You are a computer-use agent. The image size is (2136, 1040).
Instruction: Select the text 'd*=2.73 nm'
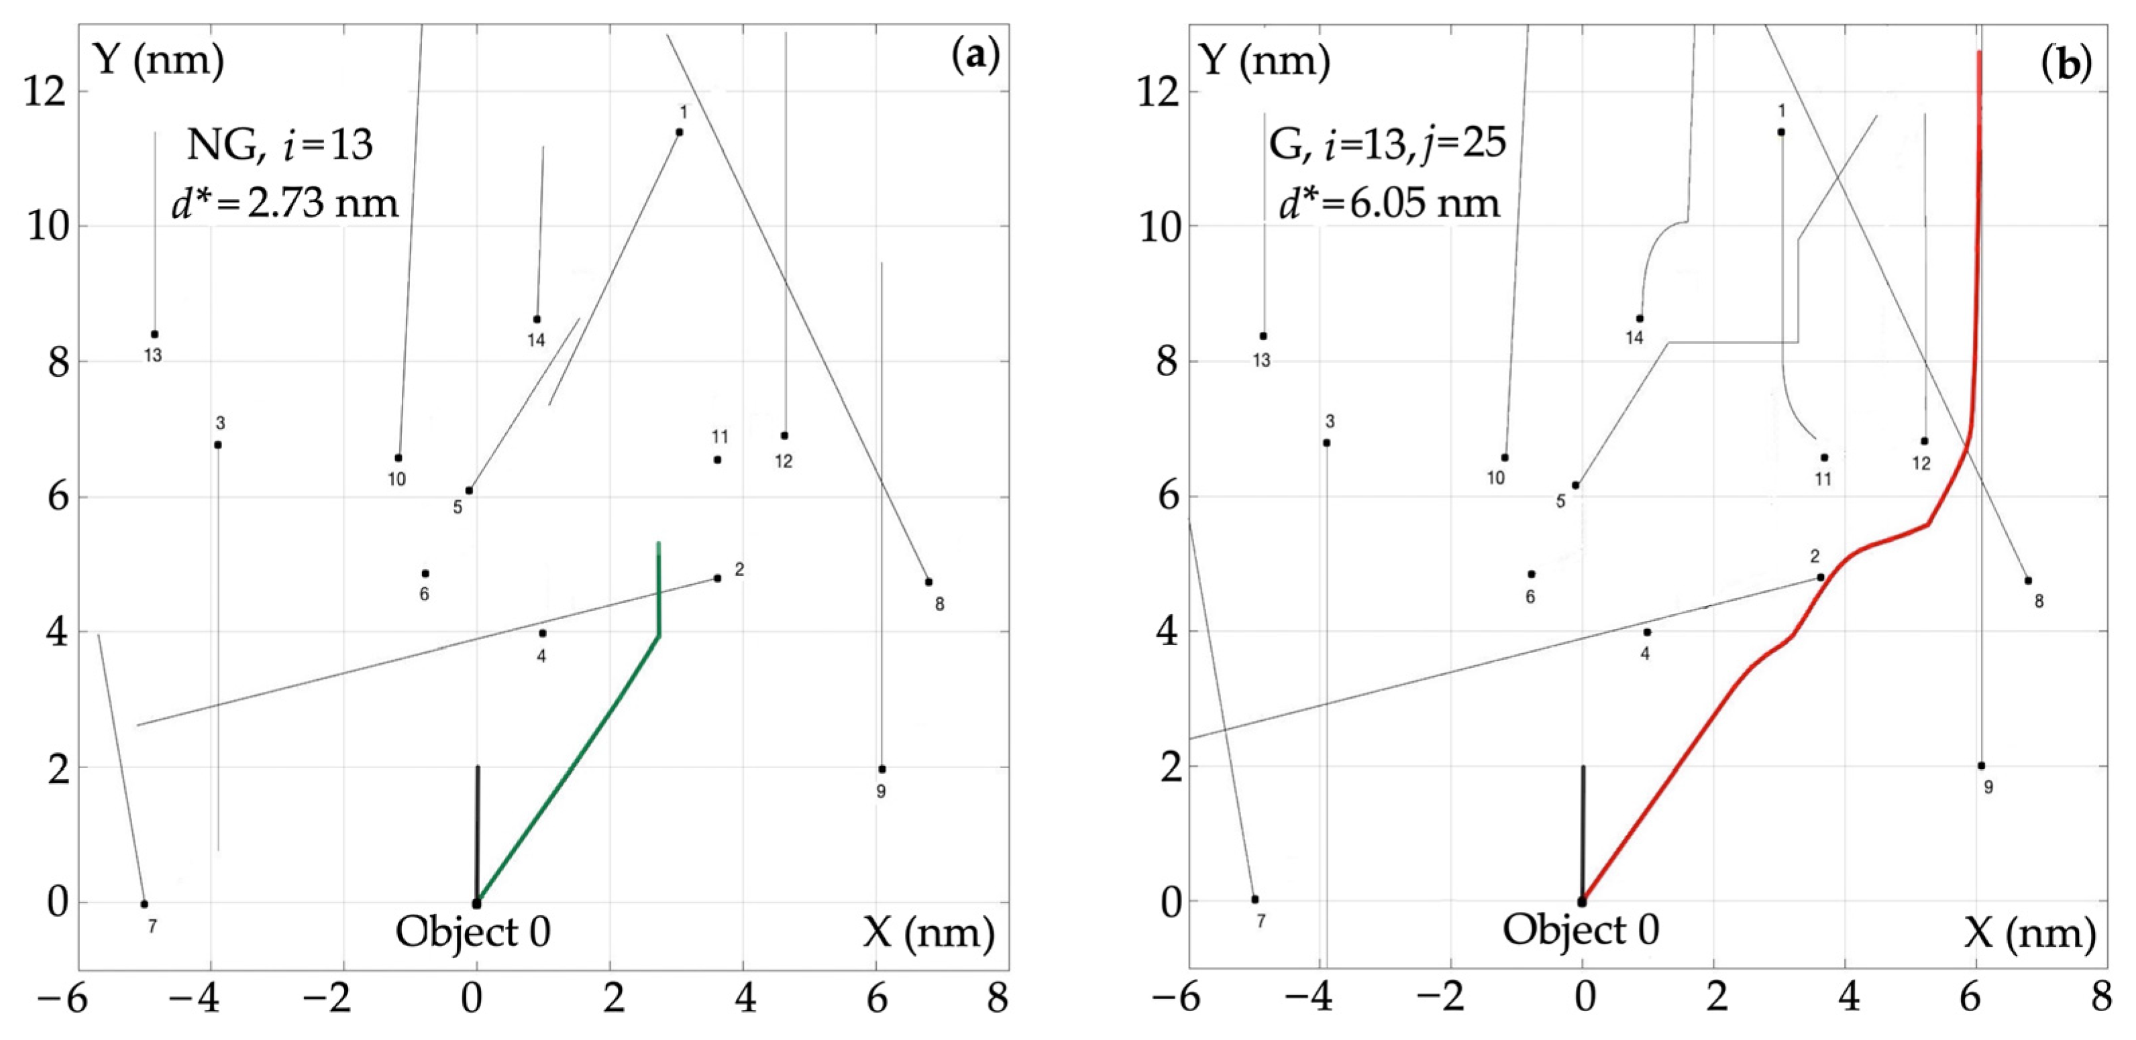click(x=285, y=203)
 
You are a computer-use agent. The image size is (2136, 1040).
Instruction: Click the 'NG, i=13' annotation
click(x=280, y=145)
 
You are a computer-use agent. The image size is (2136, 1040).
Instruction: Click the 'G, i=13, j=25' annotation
click(x=1387, y=145)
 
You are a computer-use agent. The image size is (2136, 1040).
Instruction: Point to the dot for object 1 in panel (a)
click(x=679, y=132)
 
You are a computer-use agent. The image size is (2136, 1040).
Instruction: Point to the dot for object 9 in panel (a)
click(x=882, y=769)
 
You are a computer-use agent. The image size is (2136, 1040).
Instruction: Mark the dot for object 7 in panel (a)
click(x=144, y=904)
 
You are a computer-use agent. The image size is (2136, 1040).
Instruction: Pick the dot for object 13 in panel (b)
click(x=1263, y=336)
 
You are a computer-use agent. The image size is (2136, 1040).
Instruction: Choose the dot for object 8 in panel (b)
click(x=2028, y=580)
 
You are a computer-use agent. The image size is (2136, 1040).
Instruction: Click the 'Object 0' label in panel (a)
click(x=473, y=931)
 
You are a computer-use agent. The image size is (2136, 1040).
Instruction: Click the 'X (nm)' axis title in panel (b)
click(x=2030, y=933)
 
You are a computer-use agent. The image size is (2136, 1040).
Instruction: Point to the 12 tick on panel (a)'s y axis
click(x=45, y=91)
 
